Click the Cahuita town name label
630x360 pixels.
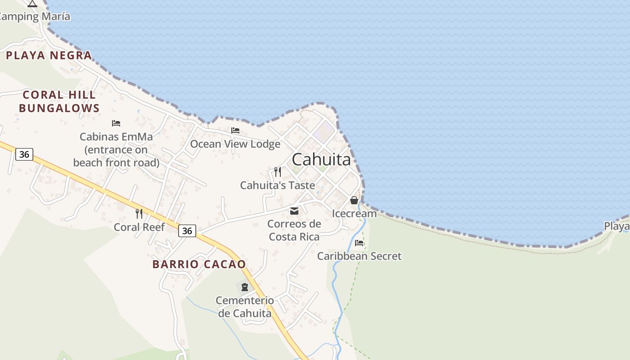pyautogui.click(x=321, y=159)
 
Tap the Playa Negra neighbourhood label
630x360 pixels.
pyautogui.click(x=49, y=55)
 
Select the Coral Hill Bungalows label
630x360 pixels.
pyautogui.click(x=59, y=101)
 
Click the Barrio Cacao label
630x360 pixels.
pyautogui.click(x=199, y=264)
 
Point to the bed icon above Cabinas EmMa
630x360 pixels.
pyautogui.click(x=116, y=123)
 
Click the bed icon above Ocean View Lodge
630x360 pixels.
pyautogui.click(x=235, y=130)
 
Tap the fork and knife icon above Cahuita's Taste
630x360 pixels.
pyautogui.click(x=278, y=172)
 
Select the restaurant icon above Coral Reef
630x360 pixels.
pyautogui.click(x=139, y=214)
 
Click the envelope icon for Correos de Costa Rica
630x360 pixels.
pyautogui.click(x=294, y=211)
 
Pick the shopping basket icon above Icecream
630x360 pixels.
pyautogui.click(x=354, y=200)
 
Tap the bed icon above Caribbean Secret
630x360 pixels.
pyautogui.click(x=359, y=243)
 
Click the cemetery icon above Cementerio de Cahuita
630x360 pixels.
pyautogui.click(x=245, y=287)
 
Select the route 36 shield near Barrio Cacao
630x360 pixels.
pyautogui.click(x=187, y=231)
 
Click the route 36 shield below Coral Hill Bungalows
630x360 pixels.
pyautogui.click(x=24, y=154)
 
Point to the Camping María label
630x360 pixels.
pyautogui.click(x=35, y=17)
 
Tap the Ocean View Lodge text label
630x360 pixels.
pyautogui.click(x=235, y=144)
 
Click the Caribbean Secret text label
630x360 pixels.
pyautogui.click(x=359, y=256)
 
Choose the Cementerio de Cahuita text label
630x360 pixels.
pyautogui.click(x=245, y=306)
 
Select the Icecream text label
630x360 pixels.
pyautogui.click(x=354, y=213)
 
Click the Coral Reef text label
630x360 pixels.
pyautogui.click(x=139, y=227)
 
